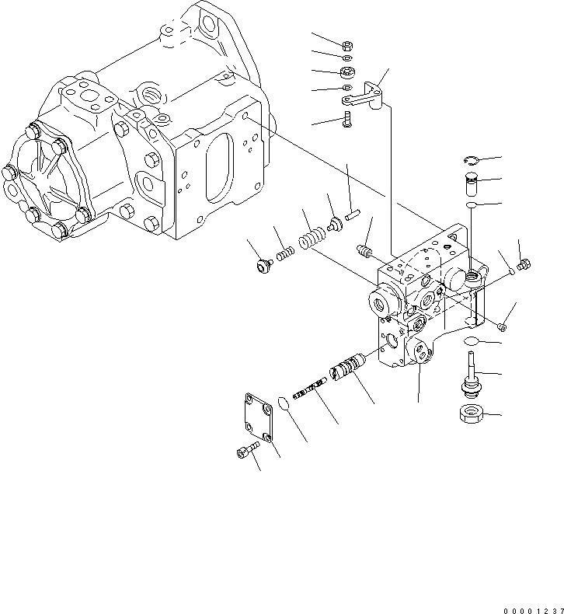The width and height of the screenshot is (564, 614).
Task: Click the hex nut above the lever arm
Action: [346, 44]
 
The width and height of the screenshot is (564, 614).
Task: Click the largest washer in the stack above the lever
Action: [346, 73]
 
